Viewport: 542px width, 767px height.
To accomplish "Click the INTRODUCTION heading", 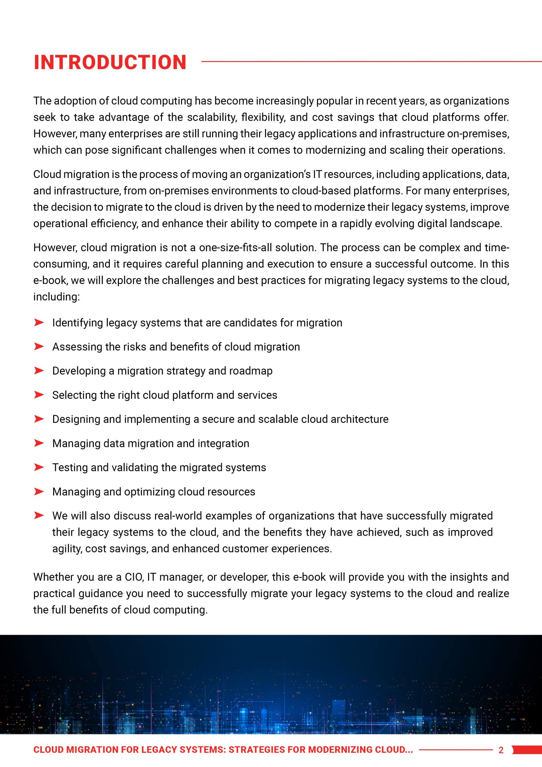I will click(x=110, y=63).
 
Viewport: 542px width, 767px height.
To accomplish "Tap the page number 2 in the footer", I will click(x=501, y=750).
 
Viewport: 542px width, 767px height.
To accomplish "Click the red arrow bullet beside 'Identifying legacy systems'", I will click(x=39, y=322).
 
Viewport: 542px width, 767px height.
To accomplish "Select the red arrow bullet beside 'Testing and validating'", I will click(x=39, y=467).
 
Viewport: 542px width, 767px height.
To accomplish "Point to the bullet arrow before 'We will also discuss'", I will click(x=39, y=515).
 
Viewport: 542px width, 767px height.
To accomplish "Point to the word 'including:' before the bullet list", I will click(x=56, y=297).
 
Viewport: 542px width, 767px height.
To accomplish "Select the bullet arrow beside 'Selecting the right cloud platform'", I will click(x=39, y=395).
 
